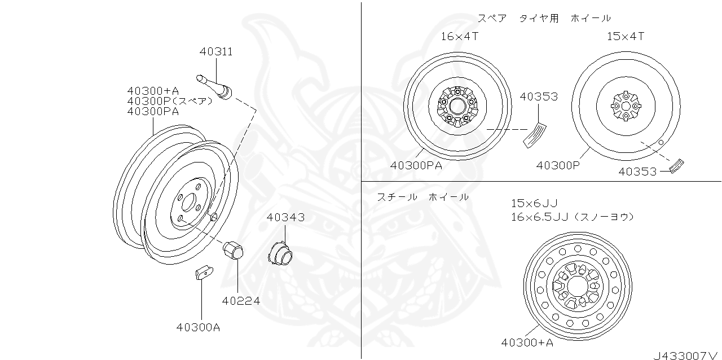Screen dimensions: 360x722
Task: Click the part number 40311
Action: [x=216, y=51]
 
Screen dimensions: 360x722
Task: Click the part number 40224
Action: [x=241, y=301]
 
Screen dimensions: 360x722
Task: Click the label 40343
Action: [x=285, y=217]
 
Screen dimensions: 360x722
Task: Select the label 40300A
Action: [x=198, y=327]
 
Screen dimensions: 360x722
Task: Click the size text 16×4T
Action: [x=460, y=36]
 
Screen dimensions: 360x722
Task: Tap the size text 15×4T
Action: [x=626, y=36]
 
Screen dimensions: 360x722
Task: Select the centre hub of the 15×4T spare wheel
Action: [x=626, y=106]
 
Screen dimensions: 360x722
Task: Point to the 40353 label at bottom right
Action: [x=637, y=171]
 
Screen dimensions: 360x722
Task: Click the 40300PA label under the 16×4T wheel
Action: [x=416, y=165]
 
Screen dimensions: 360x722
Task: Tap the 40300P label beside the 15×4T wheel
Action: [x=558, y=165]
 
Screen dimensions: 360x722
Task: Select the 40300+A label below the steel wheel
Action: [x=527, y=342]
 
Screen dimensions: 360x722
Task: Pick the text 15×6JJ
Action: [x=534, y=203]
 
